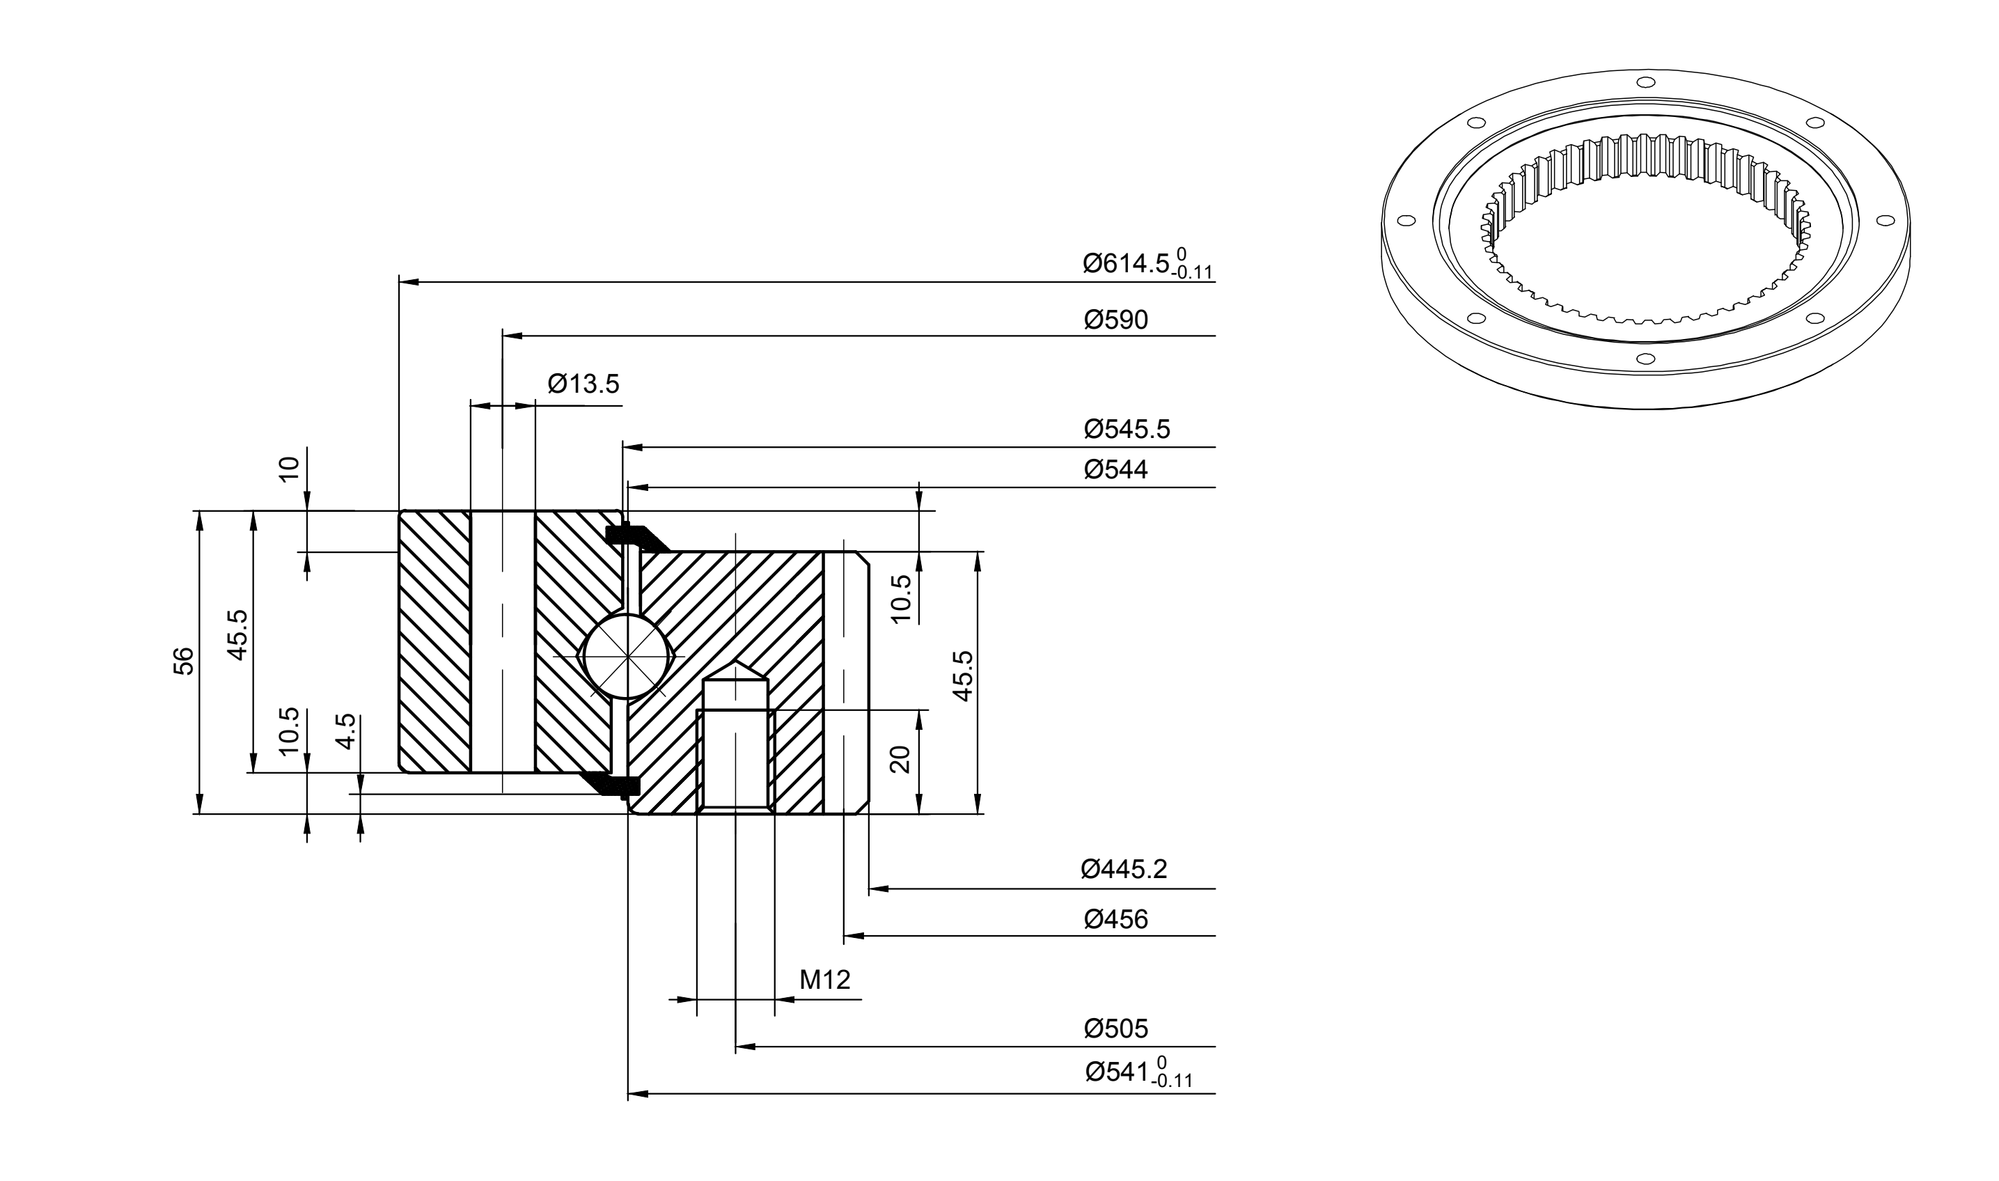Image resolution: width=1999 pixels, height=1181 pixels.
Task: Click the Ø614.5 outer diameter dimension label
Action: pos(1147,263)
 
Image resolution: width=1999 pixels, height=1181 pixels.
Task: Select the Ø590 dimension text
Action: pos(1115,320)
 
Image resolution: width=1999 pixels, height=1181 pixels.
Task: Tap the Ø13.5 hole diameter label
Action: pos(583,384)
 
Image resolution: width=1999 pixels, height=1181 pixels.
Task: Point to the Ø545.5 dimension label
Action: pos(1127,430)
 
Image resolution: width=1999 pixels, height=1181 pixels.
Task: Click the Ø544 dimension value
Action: pos(1115,469)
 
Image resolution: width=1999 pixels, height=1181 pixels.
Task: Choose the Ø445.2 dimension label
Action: pos(1124,870)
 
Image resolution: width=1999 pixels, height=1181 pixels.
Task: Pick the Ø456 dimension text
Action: pos(1115,920)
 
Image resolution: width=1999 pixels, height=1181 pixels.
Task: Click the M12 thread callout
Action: pos(825,980)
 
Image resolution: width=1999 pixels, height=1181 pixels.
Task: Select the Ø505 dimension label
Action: pos(1115,1029)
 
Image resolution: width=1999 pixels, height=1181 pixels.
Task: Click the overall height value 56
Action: pos(184,662)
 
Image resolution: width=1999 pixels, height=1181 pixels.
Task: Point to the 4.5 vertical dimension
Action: pos(345,731)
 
